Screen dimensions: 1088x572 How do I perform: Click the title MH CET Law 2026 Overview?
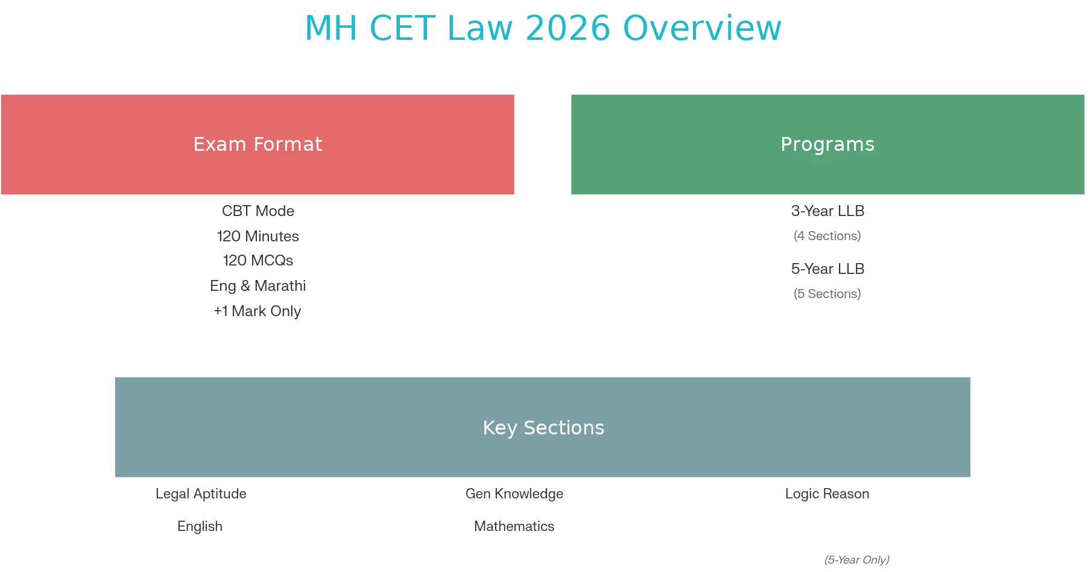tap(543, 28)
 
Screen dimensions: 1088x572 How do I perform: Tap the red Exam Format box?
tap(258, 144)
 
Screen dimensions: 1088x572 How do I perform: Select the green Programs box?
tap(827, 144)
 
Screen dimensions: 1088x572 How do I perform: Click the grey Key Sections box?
tap(543, 427)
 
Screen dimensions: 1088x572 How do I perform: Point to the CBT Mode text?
tap(258, 211)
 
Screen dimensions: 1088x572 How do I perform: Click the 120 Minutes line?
tap(258, 237)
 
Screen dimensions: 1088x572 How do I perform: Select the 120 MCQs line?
tap(258, 261)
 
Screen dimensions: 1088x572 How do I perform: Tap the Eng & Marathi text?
tap(258, 286)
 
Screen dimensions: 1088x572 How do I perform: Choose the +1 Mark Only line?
tap(258, 311)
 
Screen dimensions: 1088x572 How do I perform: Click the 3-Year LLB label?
tap(827, 211)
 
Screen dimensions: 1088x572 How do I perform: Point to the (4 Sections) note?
tap(827, 236)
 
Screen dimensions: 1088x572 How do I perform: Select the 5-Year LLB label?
tap(827, 269)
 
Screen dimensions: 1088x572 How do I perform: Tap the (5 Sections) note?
tap(827, 294)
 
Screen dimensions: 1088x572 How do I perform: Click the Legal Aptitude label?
tap(201, 494)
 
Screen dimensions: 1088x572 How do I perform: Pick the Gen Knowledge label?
tap(514, 494)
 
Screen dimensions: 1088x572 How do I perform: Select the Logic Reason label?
tap(827, 494)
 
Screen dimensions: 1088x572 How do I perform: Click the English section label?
tap(200, 527)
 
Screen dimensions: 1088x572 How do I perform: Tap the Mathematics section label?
tap(514, 526)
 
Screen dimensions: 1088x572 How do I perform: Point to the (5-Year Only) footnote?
tap(857, 560)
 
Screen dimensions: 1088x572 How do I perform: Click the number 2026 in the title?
tap(568, 28)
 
